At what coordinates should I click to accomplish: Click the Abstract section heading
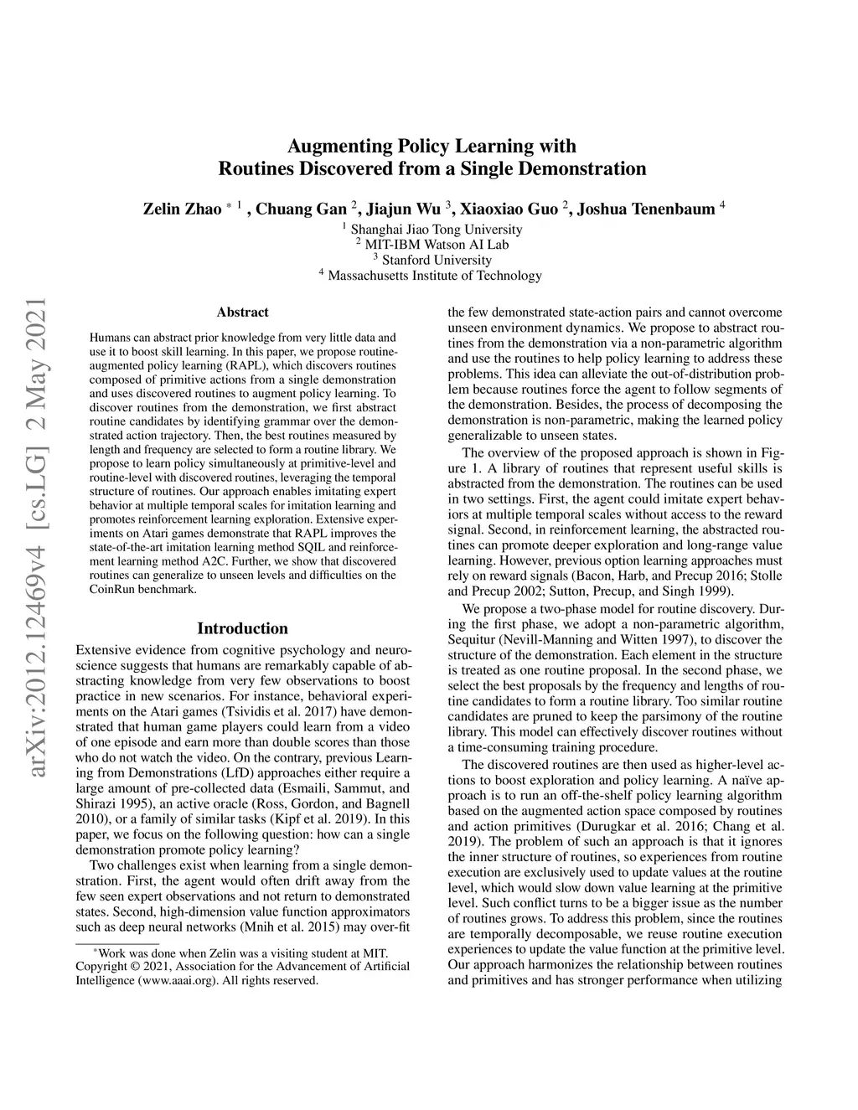242,312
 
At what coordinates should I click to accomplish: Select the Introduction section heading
242,628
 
